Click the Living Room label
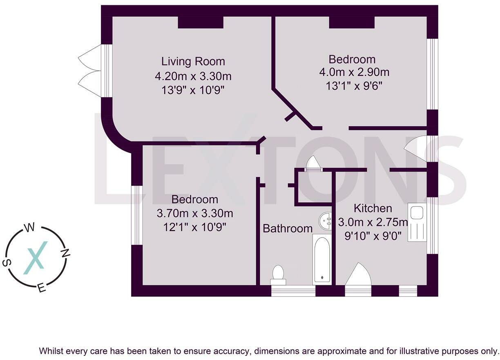[193, 61]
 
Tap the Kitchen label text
[373, 208]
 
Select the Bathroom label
[288, 229]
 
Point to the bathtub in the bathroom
[322, 260]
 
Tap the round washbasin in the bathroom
[325, 221]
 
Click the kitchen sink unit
[417, 222]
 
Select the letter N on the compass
[65, 253]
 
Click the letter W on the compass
[29, 228]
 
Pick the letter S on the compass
[7, 263]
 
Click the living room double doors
[89, 71]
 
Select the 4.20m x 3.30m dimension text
[193, 76]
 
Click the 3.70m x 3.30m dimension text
[195, 213]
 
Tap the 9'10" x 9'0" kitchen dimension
[373, 236]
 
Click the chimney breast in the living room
[201, 22]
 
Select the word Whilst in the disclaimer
[52, 351]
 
